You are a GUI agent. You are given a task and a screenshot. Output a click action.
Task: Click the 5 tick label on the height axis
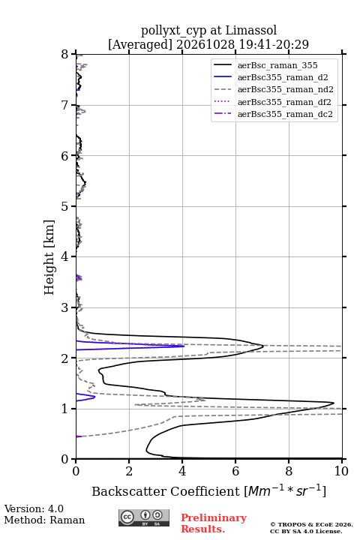[x=65, y=207]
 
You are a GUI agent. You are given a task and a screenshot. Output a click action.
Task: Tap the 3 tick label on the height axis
[x=65, y=308]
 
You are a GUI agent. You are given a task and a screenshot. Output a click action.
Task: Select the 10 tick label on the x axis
[x=341, y=471]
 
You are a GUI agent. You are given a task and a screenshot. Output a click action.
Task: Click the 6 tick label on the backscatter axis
[x=235, y=471]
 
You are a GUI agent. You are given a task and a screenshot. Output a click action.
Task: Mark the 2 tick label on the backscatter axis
[x=129, y=471]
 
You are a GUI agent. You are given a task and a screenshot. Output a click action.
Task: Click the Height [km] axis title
[x=49, y=257]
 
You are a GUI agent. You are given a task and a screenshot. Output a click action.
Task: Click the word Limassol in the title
[x=251, y=31]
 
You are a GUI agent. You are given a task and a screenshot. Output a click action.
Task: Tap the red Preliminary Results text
[x=214, y=523]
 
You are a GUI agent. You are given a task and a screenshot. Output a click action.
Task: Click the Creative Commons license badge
[x=144, y=518]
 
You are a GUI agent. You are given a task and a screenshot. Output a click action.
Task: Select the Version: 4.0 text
[x=34, y=508]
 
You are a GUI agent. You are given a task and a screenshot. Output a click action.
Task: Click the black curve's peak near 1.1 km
[x=334, y=403]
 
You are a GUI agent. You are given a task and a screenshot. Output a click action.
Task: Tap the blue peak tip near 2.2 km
[x=184, y=346]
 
